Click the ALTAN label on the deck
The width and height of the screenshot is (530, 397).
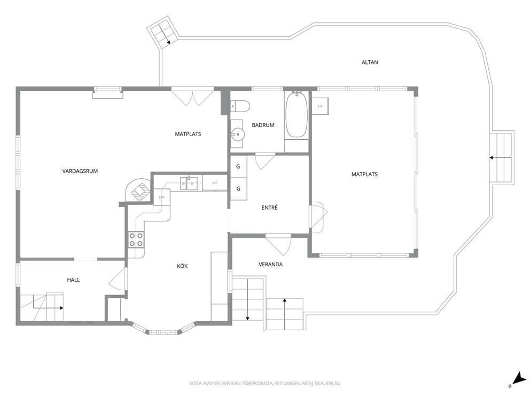370,62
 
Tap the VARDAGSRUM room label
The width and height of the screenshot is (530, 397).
80,171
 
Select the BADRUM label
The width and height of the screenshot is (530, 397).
263,125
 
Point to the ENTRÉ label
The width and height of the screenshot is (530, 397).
269,208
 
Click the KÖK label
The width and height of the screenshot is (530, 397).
182,266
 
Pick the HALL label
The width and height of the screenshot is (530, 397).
73,280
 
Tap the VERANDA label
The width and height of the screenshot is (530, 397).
270,264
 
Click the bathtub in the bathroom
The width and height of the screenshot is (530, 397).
297,115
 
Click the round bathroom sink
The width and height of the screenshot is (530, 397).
238,134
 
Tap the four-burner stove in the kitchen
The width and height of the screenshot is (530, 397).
136,240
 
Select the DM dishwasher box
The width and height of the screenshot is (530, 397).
162,197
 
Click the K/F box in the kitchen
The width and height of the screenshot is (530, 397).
215,183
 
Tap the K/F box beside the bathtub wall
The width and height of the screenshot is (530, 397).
320,106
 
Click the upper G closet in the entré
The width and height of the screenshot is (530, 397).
238,166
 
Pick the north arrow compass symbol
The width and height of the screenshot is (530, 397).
517,379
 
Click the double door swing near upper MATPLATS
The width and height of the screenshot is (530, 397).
192,97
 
